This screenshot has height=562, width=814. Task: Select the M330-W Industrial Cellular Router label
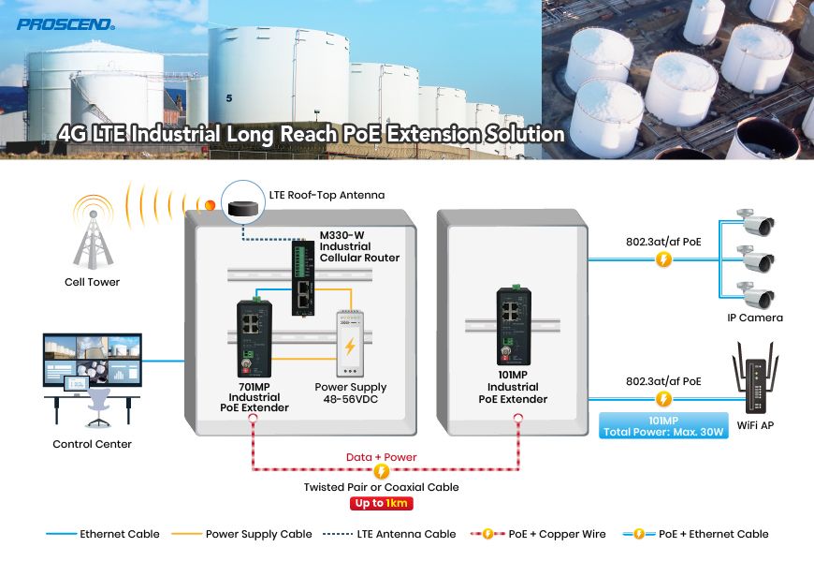point(359,245)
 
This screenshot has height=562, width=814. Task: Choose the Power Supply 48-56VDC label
point(350,393)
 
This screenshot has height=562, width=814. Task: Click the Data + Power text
point(382,457)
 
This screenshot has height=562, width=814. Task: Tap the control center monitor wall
point(93,360)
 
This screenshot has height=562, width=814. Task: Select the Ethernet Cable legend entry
point(103,534)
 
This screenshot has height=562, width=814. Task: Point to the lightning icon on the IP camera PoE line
point(664,258)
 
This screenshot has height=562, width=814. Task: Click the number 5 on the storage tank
point(228,97)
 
